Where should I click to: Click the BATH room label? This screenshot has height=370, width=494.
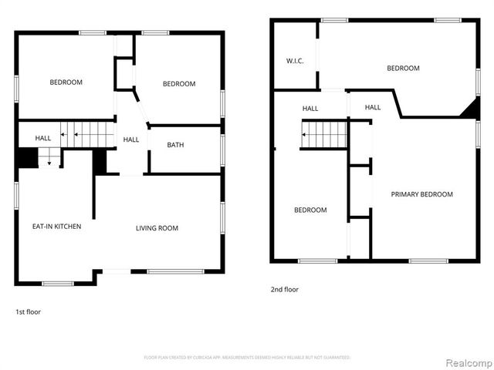[175, 145]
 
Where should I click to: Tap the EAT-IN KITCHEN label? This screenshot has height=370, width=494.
[56, 227]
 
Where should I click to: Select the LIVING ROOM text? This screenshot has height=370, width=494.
[157, 227]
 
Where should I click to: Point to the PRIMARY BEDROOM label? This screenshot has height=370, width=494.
[421, 194]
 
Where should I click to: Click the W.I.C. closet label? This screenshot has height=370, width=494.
[294, 61]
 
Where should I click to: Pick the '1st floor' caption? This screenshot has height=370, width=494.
[28, 312]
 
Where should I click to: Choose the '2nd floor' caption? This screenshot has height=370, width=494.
[284, 290]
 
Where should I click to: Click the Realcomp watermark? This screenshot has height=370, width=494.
[466, 361]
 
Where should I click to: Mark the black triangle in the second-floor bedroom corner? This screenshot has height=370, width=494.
[469, 110]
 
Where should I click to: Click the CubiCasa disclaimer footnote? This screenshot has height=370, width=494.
[247, 358]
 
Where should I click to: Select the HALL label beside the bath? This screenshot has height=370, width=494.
[131, 140]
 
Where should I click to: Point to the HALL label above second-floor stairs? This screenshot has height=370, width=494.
[310, 109]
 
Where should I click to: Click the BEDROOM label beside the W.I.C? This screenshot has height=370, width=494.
[403, 69]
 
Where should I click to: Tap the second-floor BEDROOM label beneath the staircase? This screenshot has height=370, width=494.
[310, 210]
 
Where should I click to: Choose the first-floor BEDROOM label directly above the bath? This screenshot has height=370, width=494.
[179, 84]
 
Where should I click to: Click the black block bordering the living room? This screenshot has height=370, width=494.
[100, 162]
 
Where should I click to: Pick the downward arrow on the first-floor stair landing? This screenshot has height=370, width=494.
[49, 161]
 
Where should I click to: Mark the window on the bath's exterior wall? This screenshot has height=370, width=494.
[222, 145]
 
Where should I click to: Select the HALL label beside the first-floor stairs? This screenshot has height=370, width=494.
[43, 138]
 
